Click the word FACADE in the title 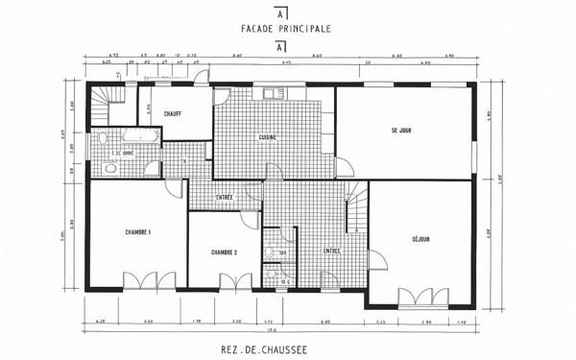click(258, 30)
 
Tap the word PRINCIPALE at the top click(304, 30)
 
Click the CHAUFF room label click(174, 112)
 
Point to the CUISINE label click(268, 137)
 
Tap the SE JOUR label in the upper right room click(401, 130)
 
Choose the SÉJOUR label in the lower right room click(420, 239)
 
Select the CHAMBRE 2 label click(224, 252)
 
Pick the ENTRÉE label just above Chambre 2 click(225, 197)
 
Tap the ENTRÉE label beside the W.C click(331, 251)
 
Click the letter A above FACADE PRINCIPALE click(279, 15)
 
